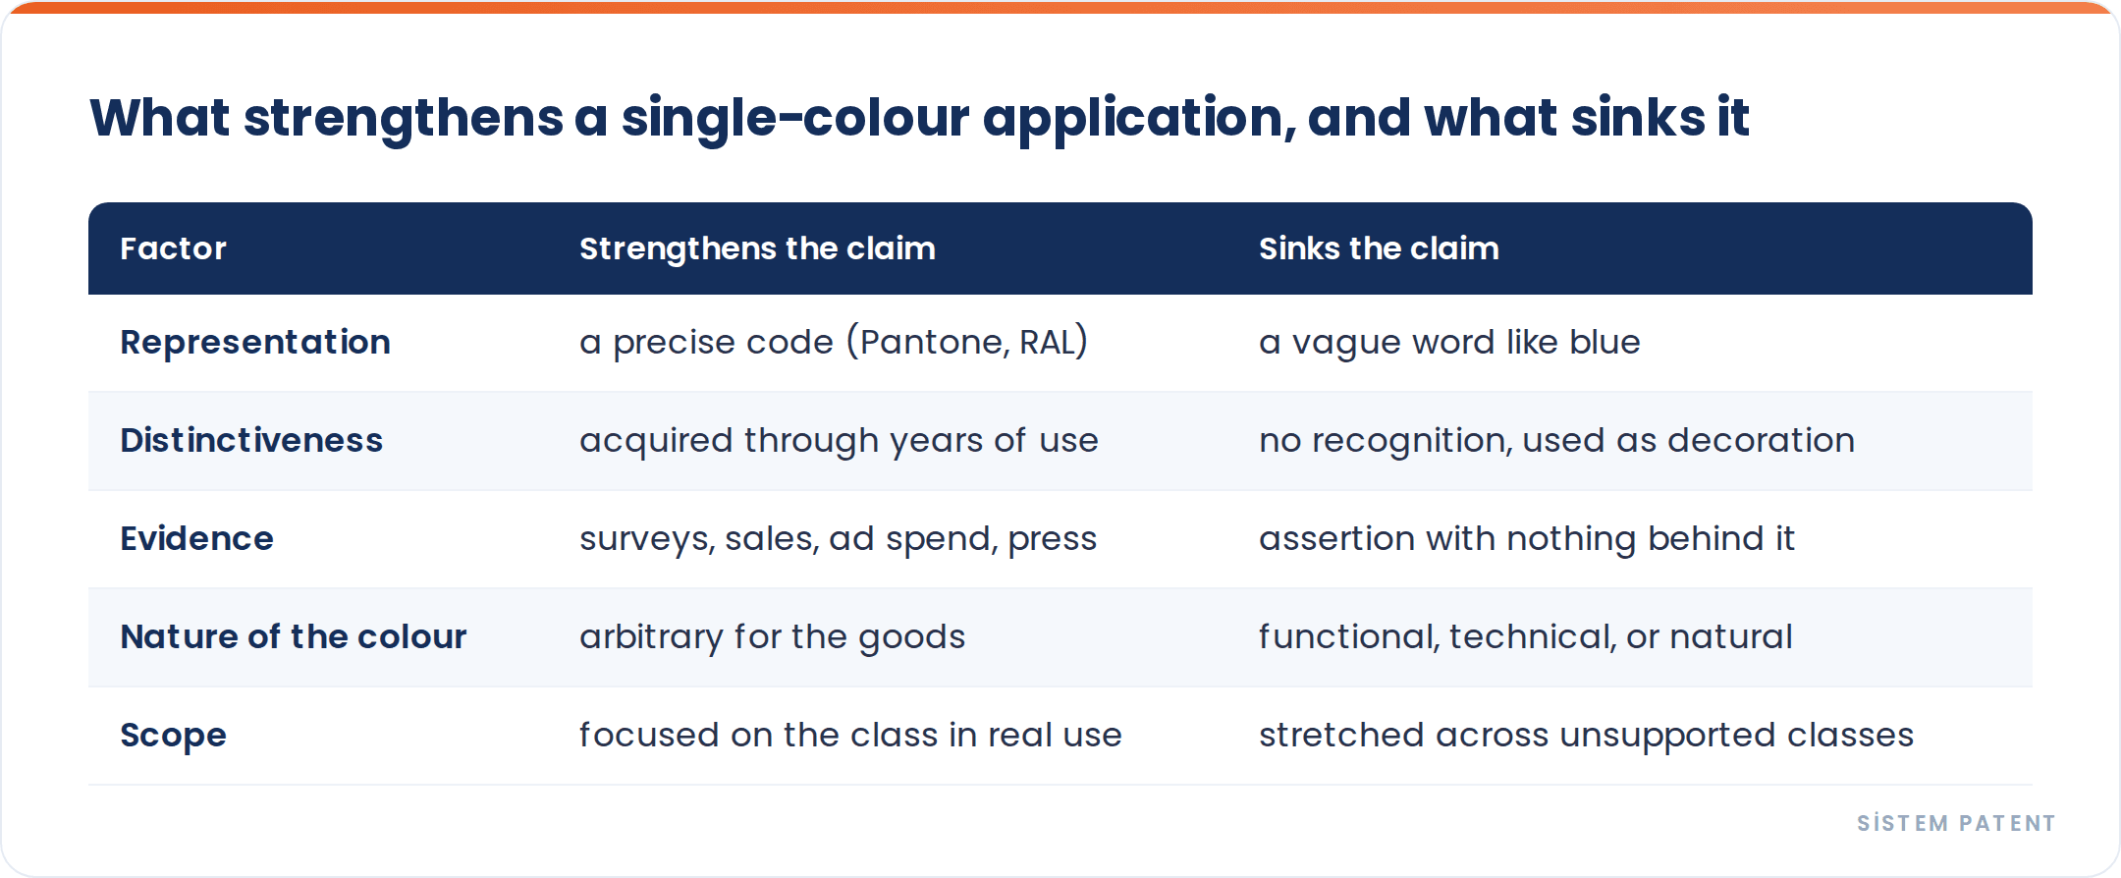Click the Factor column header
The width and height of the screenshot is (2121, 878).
(173, 248)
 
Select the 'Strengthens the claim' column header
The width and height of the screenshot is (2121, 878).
(757, 248)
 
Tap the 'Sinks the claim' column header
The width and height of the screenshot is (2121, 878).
(1379, 248)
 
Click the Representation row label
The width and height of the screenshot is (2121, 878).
(255, 343)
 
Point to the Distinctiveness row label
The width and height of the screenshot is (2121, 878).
(251, 440)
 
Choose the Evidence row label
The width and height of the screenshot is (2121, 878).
(196, 538)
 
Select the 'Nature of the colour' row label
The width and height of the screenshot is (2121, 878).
(294, 636)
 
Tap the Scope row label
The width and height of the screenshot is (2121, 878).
(173, 736)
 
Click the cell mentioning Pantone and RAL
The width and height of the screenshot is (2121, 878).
(834, 342)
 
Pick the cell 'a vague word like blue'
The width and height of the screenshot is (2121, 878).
(1449, 342)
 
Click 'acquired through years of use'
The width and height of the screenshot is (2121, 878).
(839, 441)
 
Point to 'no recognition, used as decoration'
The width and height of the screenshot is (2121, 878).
(1556, 441)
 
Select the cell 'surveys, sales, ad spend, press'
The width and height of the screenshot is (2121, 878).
(838, 539)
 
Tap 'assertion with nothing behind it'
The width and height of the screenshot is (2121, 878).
(1527, 539)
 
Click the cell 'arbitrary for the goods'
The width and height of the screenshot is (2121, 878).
(772, 637)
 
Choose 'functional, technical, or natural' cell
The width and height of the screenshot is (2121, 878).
(1525, 637)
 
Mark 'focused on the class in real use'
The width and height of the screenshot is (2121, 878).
(850, 735)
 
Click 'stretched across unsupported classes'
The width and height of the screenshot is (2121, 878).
(1586, 736)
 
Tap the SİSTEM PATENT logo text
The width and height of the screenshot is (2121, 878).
(1956, 823)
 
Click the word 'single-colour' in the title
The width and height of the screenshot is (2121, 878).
(795, 119)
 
